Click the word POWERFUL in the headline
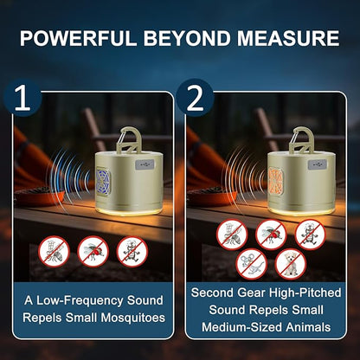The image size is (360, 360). [78, 38]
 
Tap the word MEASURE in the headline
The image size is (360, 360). [288, 38]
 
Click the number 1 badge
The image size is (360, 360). [22, 98]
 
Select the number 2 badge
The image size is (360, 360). [195, 98]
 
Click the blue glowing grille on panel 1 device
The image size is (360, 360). [104, 181]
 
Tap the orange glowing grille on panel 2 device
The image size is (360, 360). [276, 181]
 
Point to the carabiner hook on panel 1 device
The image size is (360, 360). [129, 139]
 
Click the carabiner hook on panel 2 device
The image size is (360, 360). [301, 139]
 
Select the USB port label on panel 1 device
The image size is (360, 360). [145, 164]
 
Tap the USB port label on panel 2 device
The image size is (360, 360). [318, 164]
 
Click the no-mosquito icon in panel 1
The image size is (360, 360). [55, 252]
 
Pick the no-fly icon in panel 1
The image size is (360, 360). [93, 252]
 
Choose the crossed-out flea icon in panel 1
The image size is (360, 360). [132, 252]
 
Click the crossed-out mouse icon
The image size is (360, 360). [252, 264]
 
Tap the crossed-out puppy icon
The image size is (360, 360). [291, 264]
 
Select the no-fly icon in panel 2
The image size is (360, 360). [271, 235]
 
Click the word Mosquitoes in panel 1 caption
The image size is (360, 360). [133, 318]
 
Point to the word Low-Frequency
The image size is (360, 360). [80, 300]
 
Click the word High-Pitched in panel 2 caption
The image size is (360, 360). [305, 292]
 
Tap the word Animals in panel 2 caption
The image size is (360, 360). [308, 327]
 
